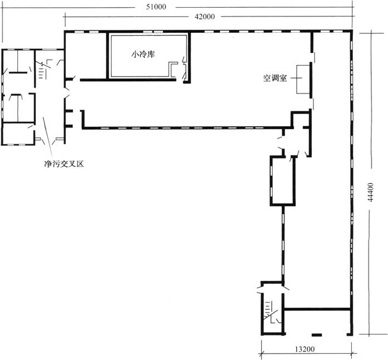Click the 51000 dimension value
[x=156, y=7]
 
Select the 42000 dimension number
[x=205, y=17]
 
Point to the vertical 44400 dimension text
[x=370, y=193]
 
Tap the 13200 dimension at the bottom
[x=305, y=349]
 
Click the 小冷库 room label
[x=143, y=54]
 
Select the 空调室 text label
[x=274, y=78]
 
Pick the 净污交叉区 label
[x=64, y=164]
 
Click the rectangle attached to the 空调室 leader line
[x=303, y=80]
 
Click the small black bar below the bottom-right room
[x=317, y=335]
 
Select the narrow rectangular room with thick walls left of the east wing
[x=283, y=181]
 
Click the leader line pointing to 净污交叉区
[x=47, y=138]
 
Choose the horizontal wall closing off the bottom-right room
[x=317, y=309]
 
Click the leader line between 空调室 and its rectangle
[x=296, y=78]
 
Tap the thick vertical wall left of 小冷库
[x=107, y=56]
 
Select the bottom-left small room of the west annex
[x=18, y=134]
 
